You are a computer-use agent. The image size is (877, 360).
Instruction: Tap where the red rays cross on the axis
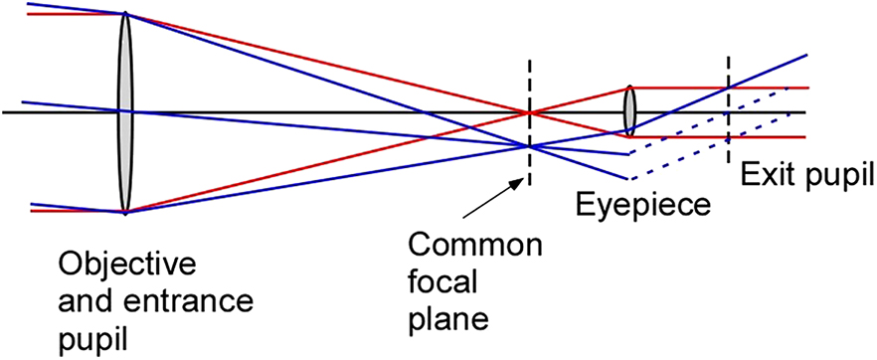[x=529, y=112]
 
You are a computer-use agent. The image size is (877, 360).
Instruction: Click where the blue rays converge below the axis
[x=529, y=146]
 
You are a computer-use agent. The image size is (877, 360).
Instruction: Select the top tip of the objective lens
[x=125, y=14]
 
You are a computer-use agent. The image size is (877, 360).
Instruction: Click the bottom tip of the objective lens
[x=125, y=211]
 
